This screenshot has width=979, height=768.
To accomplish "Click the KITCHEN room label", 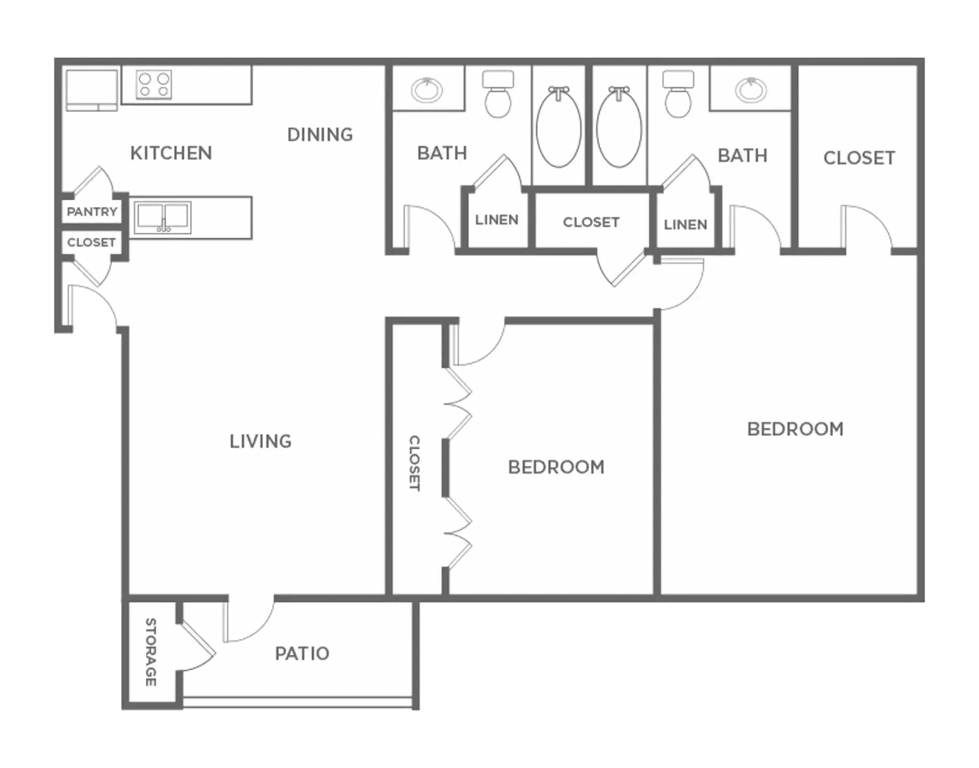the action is pyautogui.click(x=171, y=153).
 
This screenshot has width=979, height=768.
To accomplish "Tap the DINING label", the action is pyautogui.click(x=320, y=135).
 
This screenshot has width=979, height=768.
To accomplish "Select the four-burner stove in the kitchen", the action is pyautogui.click(x=154, y=85).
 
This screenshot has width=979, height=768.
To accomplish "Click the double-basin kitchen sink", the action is pyautogui.click(x=164, y=217).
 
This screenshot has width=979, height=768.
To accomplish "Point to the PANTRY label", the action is pyautogui.click(x=92, y=211).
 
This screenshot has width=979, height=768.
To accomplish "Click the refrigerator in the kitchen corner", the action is pyautogui.click(x=92, y=90).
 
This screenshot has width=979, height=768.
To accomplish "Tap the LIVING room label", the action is pyautogui.click(x=261, y=441).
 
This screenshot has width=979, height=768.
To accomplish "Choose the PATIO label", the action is pyautogui.click(x=302, y=653).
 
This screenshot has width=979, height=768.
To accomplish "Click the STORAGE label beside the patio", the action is pyautogui.click(x=151, y=652).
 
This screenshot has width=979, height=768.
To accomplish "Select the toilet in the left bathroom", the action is pyautogui.click(x=498, y=94).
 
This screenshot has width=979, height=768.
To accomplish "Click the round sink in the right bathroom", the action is pyautogui.click(x=750, y=90).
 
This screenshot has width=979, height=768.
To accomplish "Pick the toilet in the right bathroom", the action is pyautogui.click(x=678, y=94).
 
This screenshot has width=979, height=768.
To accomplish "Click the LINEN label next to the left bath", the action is pyautogui.click(x=496, y=220).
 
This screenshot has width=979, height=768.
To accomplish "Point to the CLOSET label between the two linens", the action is pyautogui.click(x=591, y=222).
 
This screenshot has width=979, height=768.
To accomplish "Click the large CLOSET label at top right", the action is pyautogui.click(x=859, y=158).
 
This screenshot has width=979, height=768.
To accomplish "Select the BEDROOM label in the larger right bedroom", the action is pyautogui.click(x=795, y=429).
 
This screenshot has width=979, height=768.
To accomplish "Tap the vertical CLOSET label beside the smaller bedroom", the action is pyautogui.click(x=414, y=463).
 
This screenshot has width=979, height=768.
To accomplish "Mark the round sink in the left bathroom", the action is pyautogui.click(x=426, y=90).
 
